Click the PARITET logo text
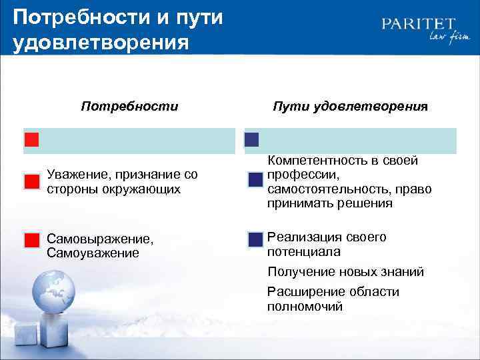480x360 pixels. (x=419, y=24)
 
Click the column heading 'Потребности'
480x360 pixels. (x=129, y=106)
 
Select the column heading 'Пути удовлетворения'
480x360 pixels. (x=350, y=106)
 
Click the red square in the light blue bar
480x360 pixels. (x=32, y=140)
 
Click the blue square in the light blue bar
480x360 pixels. (x=252, y=140)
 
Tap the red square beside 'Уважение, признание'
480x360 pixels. (x=32, y=181)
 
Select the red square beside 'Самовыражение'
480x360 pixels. (x=32, y=241)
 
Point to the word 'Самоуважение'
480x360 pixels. (x=93, y=253)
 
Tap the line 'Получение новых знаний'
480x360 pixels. (x=345, y=272)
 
